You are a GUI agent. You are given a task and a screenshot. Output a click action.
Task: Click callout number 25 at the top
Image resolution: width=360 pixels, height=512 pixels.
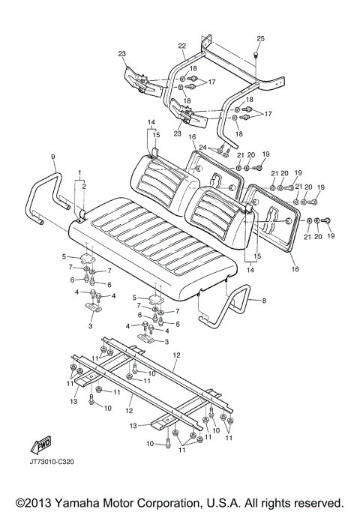click(x=261, y=38)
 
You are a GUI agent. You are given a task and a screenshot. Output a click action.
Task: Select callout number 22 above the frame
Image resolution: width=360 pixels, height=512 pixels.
click(x=181, y=46)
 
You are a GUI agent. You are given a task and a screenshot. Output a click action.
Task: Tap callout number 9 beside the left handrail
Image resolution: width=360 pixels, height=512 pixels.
click(x=53, y=156)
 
